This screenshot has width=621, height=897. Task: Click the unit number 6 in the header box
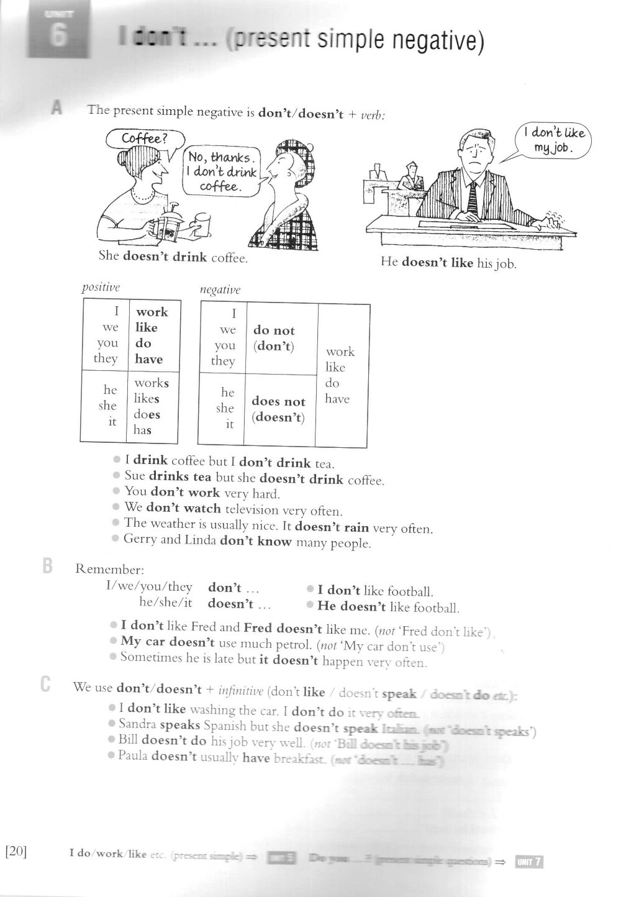coord(58,36)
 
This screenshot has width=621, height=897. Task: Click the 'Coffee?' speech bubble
coord(144,139)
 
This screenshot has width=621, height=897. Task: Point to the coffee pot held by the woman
coord(167,222)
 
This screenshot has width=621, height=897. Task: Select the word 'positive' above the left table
coord(101,288)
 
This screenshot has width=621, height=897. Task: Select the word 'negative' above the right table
coord(220,290)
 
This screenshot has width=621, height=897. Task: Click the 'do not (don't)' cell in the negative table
coord(274,338)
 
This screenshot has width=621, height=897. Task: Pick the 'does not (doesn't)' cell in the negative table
coord(278,409)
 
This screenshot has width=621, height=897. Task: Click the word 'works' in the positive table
coord(152,383)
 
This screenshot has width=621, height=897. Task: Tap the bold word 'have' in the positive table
coord(149,359)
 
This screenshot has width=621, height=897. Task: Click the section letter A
coord(57,109)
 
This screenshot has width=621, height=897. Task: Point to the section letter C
coord(45,685)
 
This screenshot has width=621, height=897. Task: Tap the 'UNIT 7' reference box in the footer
coord(529,861)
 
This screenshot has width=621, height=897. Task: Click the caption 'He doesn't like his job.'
coord(448,263)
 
